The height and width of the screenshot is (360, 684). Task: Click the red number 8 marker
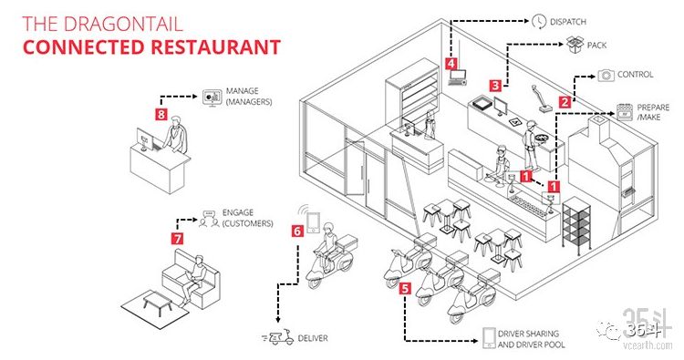tap(161, 114)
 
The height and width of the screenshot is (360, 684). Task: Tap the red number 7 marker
tap(177, 239)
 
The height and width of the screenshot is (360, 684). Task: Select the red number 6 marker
tap(297, 231)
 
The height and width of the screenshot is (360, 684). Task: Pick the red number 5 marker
tap(406, 288)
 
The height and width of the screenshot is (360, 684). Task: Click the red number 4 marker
tap(451, 64)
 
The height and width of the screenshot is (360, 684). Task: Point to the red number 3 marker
tap(494, 86)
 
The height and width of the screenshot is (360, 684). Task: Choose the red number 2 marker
tap(565, 102)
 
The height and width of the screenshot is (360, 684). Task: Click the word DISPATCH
tap(568, 22)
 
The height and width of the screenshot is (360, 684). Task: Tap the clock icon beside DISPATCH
tap(539, 21)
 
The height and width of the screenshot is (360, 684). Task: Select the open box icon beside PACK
tap(575, 45)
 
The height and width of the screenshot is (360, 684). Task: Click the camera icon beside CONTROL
tap(606, 76)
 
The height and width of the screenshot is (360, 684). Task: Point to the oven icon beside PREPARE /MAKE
tap(624, 112)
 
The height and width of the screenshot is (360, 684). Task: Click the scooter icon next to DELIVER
tap(278, 337)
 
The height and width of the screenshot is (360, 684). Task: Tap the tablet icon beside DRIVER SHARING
tap(489, 338)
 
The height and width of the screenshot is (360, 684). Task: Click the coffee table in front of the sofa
tap(158, 300)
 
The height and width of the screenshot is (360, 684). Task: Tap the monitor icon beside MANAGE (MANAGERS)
tap(212, 98)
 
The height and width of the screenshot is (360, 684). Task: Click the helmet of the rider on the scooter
tap(327, 228)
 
